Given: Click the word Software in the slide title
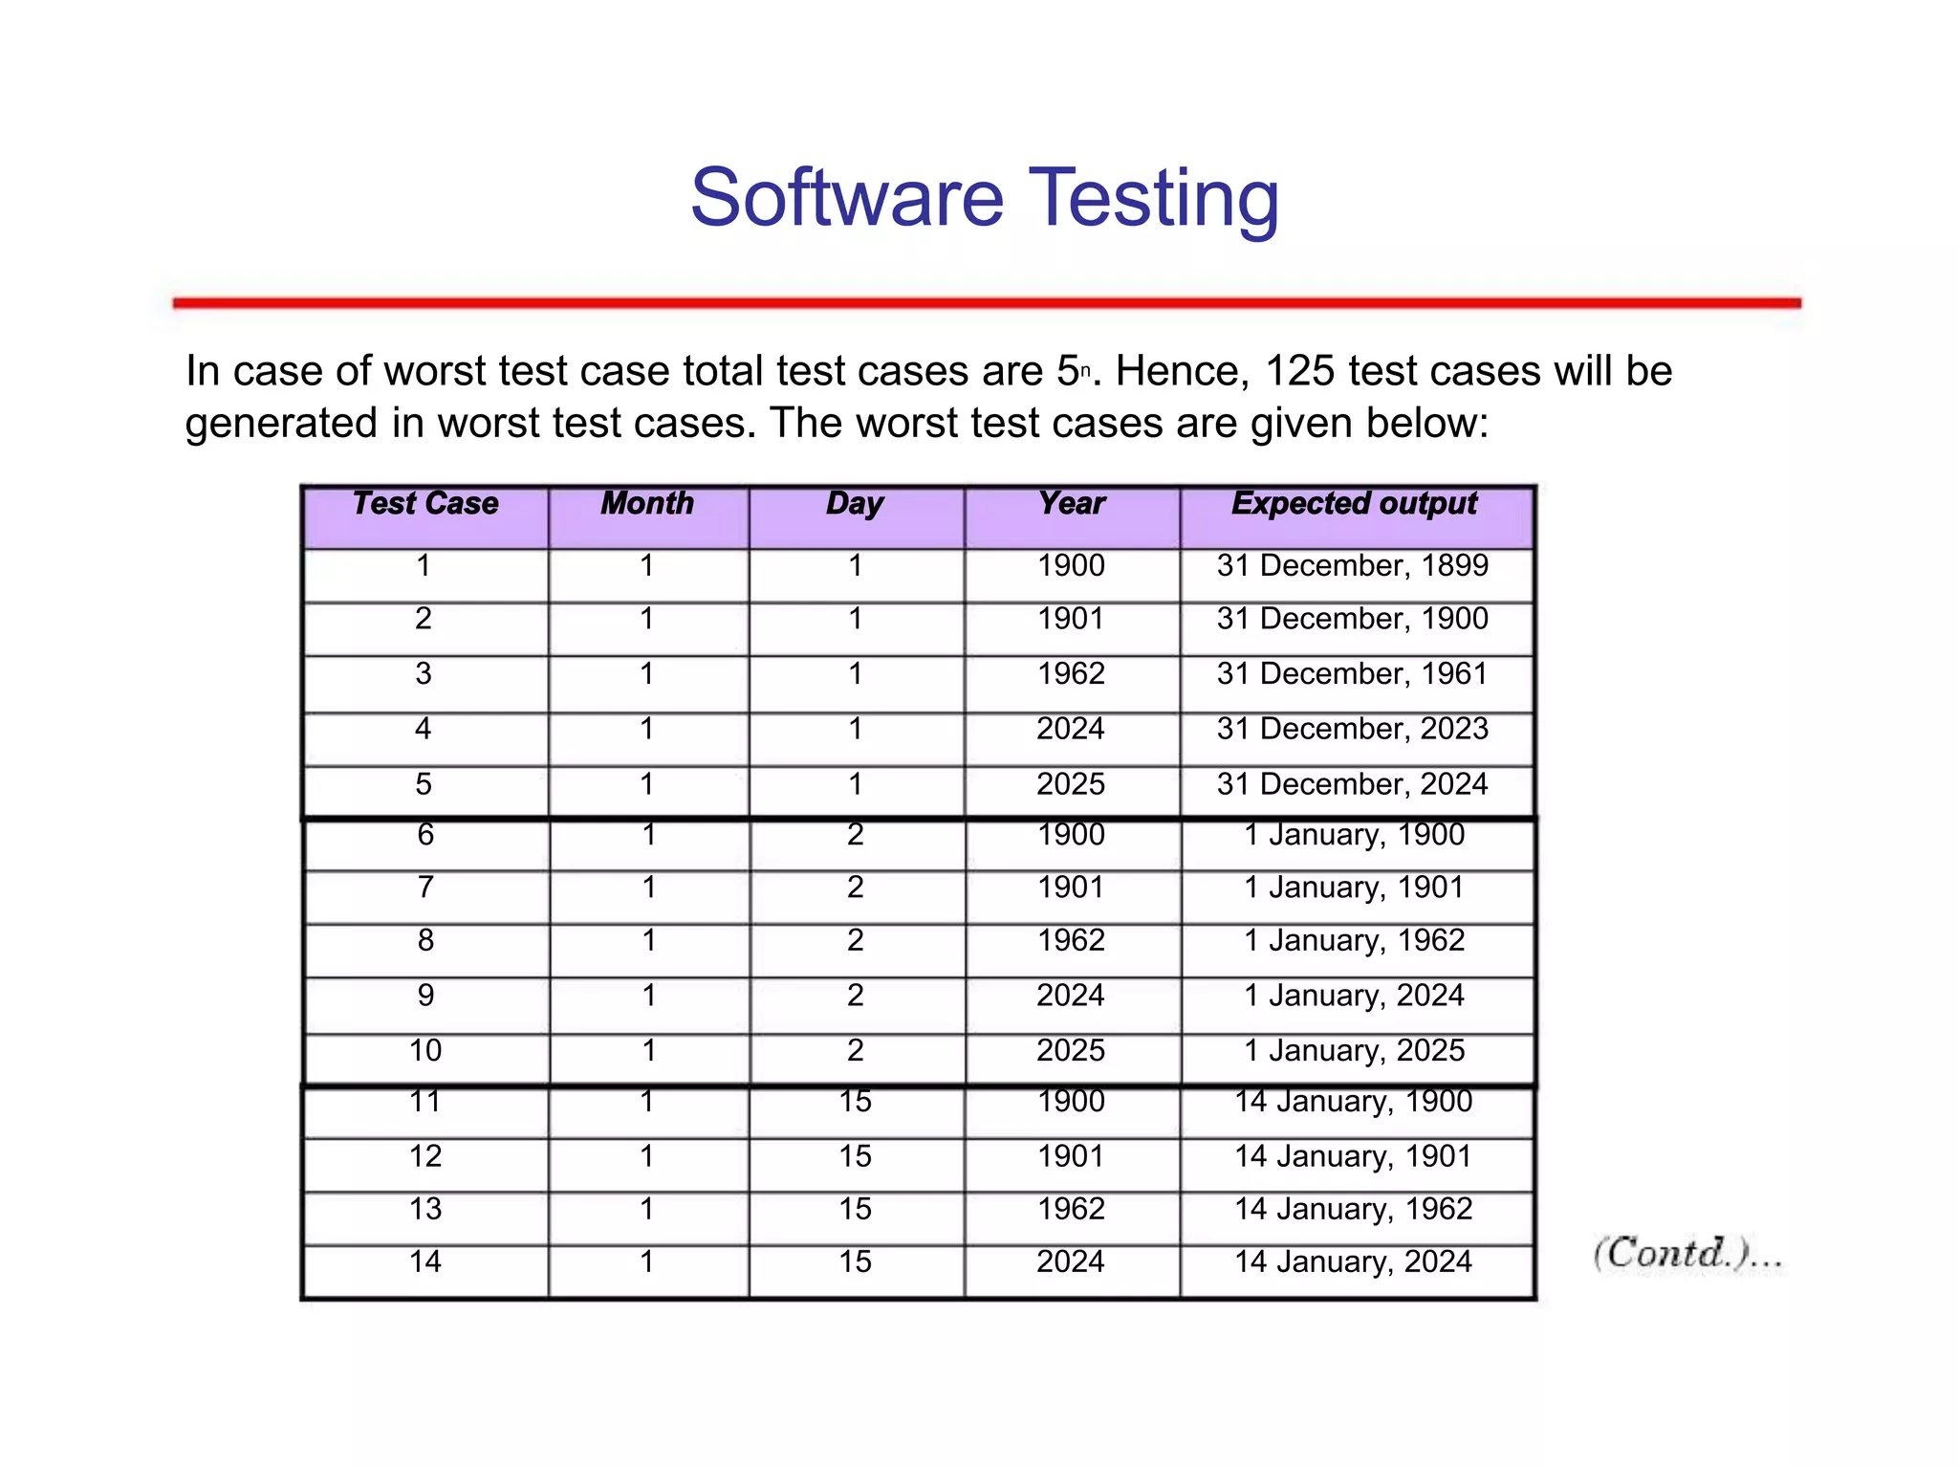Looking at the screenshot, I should [847, 198].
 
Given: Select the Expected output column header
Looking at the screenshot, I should [1354, 504].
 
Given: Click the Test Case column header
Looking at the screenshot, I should [425, 504].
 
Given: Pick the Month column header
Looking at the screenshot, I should [647, 504].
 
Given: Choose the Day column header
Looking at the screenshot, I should [855, 504].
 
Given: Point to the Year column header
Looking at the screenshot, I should [1072, 504].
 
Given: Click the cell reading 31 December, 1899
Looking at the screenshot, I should [1352, 566].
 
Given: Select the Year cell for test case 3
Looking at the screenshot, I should [1071, 674].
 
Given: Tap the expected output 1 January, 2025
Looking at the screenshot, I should [1354, 1051].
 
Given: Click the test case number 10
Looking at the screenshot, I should [425, 1051].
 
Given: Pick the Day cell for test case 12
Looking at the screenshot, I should [855, 1157].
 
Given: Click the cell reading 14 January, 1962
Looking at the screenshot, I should [1353, 1210].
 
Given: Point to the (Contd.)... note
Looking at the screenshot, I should [1687, 1254].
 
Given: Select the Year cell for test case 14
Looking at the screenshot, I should [1071, 1262].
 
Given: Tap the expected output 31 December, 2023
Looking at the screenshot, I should [1352, 730].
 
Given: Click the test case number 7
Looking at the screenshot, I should [425, 888].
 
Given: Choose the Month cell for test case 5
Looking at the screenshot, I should [647, 785].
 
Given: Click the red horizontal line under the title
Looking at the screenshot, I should [987, 303].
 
